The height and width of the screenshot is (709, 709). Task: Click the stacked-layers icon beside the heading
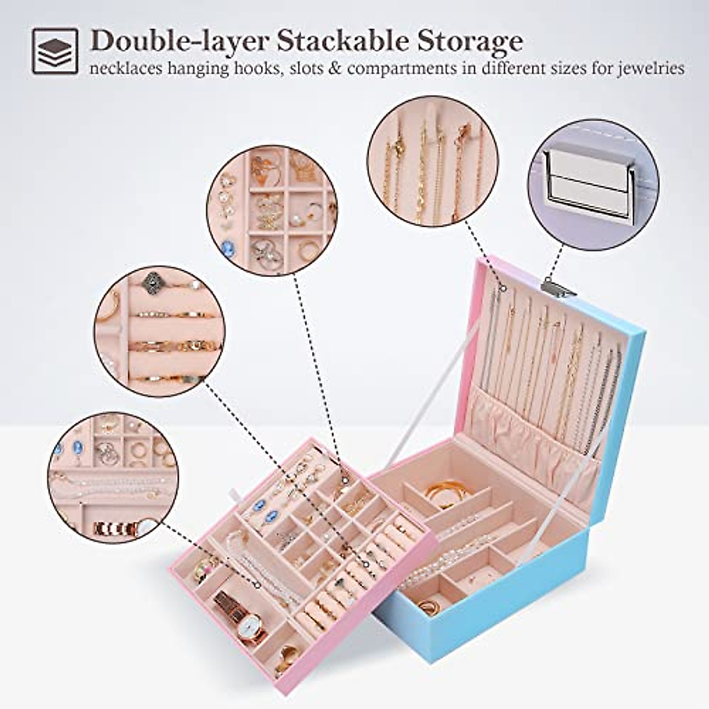[54, 51]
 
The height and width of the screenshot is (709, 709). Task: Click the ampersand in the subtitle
[336, 69]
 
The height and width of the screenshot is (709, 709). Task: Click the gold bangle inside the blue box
[440, 491]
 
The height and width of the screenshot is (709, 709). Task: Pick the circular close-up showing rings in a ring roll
[158, 331]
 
